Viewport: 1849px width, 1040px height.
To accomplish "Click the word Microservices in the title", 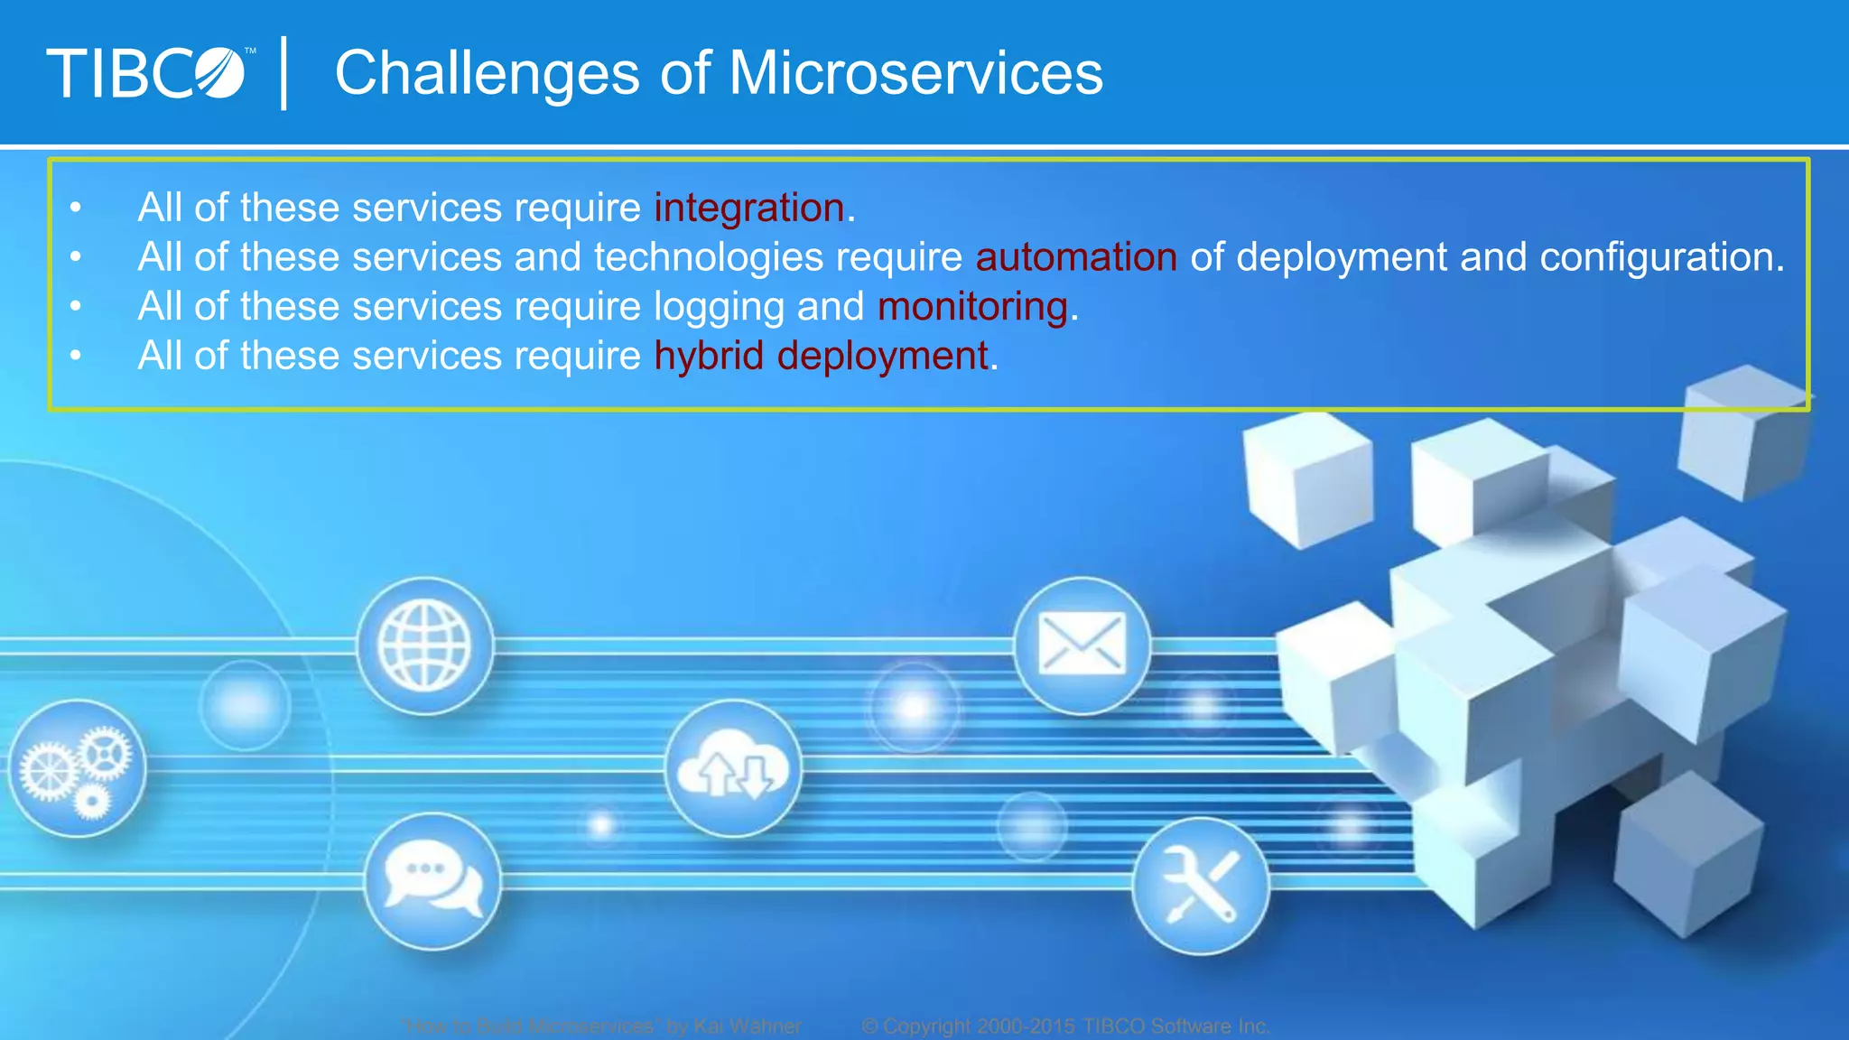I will tap(915, 73).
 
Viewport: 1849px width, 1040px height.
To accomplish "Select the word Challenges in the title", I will tap(488, 73).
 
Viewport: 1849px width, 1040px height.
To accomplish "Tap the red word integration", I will tap(749, 208).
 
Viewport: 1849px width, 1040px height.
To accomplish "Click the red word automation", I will tap(1076, 257).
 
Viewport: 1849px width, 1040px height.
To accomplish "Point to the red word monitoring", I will tap(973, 307).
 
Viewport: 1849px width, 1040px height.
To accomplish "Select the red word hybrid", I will tap(710, 356).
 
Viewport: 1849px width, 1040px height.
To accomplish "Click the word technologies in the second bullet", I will tap(708, 257).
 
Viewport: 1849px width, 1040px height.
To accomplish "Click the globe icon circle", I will tap(424, 646).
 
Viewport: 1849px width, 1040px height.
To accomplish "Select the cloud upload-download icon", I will tap(733, 769).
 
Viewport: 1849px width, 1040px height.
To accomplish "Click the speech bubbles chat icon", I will tap(432, 881).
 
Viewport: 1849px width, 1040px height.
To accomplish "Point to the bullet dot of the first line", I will tap(76, 209).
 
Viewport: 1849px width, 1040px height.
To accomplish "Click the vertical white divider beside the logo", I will tap(284, 73).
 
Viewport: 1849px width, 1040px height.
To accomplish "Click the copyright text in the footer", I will tap(1065, 1026).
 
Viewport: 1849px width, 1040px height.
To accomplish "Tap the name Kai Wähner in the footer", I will tap(747, 1026).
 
